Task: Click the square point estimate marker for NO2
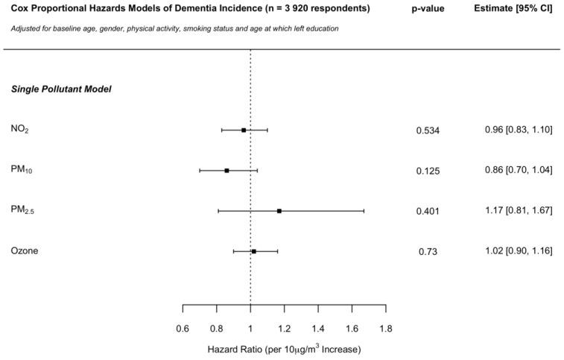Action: (244, 130)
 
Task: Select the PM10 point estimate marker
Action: (226, 171)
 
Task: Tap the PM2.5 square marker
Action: (279, 211)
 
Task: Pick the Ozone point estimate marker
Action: (254, 251)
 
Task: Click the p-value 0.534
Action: (428, 131)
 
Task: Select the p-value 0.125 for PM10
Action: (428, 171)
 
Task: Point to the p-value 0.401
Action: (428, 212)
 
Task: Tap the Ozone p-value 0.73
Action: (428, 252)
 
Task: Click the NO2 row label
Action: (20, 130)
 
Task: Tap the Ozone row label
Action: (24, 251)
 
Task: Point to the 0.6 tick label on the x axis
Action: (183, 328)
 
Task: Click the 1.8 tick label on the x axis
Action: (386, 328)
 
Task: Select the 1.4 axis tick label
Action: (318, 328)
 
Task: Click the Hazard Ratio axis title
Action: (284, 348)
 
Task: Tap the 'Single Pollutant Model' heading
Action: (61, 89)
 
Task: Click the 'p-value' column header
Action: (428, 9)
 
